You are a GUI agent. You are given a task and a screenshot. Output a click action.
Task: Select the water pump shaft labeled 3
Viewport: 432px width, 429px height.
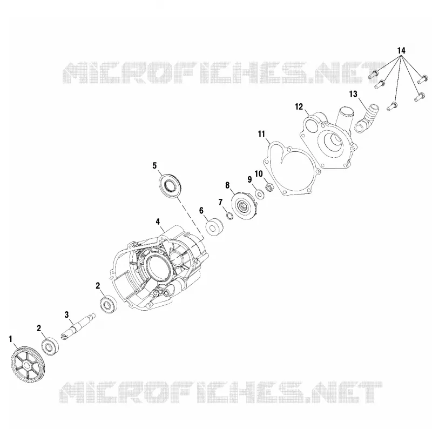[78, 327]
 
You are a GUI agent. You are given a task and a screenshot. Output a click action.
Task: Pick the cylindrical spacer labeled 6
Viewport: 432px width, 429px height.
[214, 227]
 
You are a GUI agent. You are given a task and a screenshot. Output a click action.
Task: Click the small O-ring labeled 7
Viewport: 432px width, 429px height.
[229, 216]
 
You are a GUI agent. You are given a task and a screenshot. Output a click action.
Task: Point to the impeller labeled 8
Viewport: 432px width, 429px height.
[244, 207]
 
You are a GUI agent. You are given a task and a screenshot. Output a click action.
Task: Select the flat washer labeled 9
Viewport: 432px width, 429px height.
[260, 194]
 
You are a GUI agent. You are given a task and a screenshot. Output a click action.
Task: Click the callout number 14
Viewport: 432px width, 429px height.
[401, 51]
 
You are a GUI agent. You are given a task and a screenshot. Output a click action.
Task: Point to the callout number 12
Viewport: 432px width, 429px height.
[299, 106]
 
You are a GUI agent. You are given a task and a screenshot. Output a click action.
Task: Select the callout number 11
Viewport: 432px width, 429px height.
[261, 134]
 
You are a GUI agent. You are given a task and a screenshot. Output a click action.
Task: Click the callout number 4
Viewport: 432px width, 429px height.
[158, 222]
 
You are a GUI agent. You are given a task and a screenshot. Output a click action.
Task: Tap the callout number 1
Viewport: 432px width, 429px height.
[11, 339]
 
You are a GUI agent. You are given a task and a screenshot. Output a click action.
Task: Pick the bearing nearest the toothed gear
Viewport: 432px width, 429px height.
[50, 346]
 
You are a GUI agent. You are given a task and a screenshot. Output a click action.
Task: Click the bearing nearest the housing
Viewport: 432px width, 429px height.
[109, 305]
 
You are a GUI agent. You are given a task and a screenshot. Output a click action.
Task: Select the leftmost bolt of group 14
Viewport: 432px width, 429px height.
[373, 74]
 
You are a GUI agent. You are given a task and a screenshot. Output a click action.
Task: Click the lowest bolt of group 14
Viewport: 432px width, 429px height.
[391, 106]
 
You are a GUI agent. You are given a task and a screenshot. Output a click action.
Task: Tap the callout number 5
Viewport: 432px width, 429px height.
[154, 165]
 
